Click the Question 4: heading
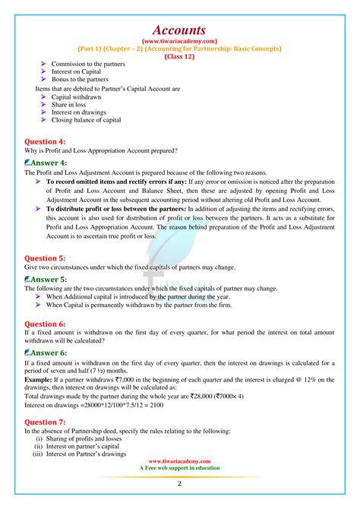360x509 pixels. click(45, 141)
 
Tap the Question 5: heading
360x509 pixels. click(45, 258)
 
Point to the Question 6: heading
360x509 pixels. click(45, 323)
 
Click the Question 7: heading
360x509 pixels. click(45, 421)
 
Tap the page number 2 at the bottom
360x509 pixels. click(179, 484)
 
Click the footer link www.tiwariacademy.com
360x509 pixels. click(179, 460)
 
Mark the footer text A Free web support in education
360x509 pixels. click(179, 468)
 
